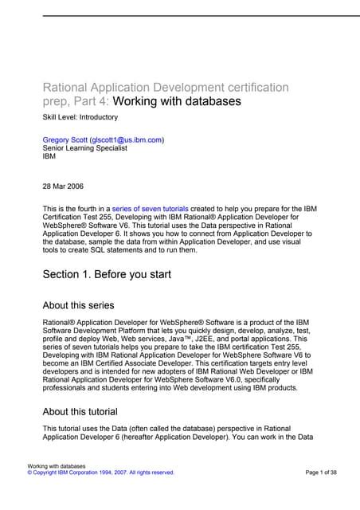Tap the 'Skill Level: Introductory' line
coord(83,117)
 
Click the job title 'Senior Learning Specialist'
coord(87,148)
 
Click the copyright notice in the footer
coord(101,473)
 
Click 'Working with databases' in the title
coord(176,101)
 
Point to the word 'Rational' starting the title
coord(67,87)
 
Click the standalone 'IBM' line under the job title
coord(49,157)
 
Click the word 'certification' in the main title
coord(256,87)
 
